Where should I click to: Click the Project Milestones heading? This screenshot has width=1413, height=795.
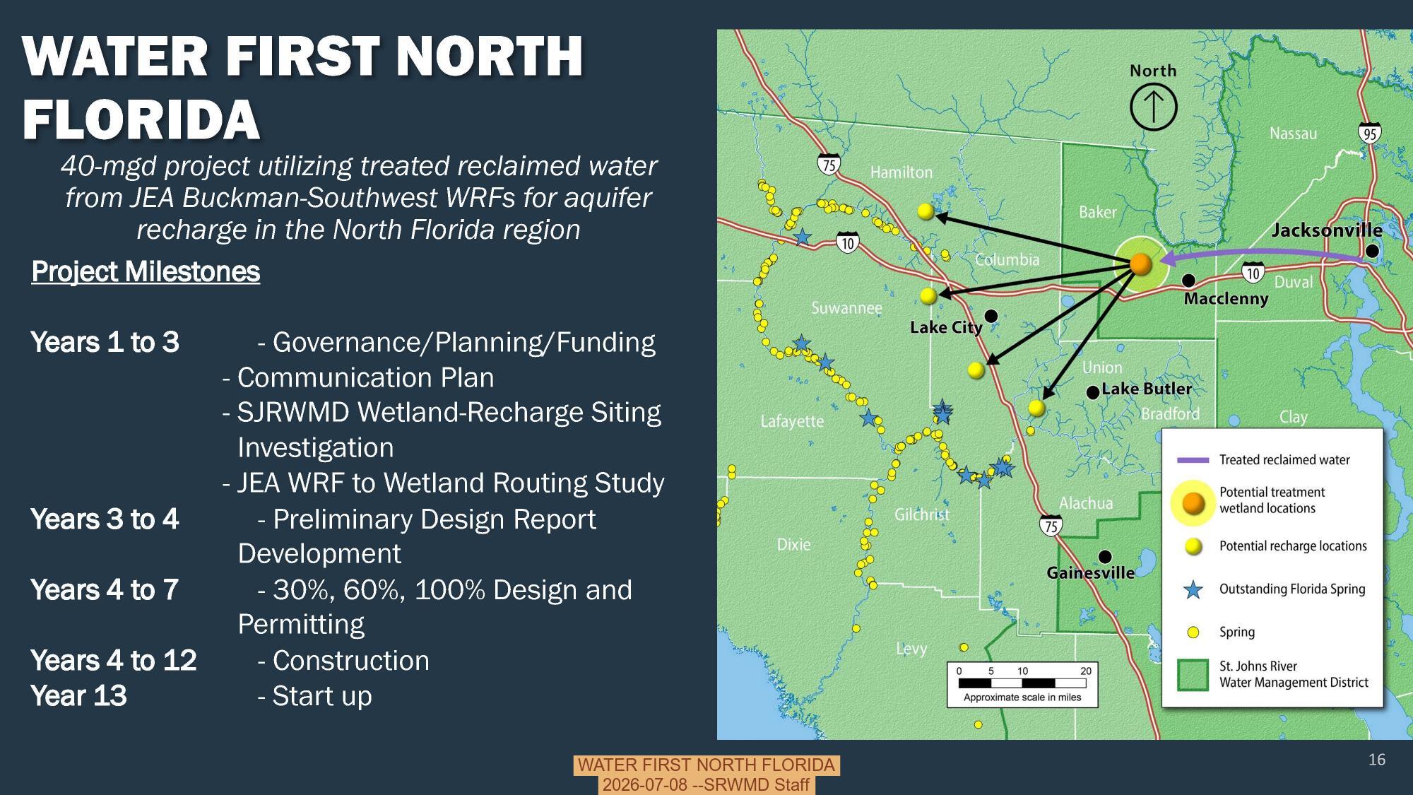pos(146,272)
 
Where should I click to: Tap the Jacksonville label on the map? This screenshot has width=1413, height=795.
pos(1326,230)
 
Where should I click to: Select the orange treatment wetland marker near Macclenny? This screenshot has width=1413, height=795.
pos(1140,264)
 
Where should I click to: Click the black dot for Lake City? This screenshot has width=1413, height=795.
pos(991,315)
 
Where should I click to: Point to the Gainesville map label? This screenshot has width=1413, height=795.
pos(1090,573)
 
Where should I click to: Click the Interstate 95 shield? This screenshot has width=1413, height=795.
pos(1369,133)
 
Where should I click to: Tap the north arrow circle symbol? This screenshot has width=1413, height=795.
pos(1153,107)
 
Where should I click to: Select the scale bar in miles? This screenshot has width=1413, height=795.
pos(1022,683)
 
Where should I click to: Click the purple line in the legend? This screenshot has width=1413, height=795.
pos(1193,460)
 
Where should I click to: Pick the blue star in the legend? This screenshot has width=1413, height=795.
pos(1193,589)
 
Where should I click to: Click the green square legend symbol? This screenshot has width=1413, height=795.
pos(1193,675)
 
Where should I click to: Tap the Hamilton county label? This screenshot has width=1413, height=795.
pos(901,172)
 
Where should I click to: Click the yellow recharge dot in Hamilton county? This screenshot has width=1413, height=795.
pos(926,211)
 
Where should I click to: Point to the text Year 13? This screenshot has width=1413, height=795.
pos(78,696)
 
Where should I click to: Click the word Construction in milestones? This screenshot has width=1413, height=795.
pos(350,661)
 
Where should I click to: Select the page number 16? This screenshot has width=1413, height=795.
pos(1376,760)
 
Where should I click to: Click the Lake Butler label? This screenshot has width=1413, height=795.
pos(1146,389)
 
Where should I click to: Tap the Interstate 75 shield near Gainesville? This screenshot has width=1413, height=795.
pos(1051,525)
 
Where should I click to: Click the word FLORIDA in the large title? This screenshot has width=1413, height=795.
pos(141,119)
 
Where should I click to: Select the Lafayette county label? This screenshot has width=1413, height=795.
pos(792,422)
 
